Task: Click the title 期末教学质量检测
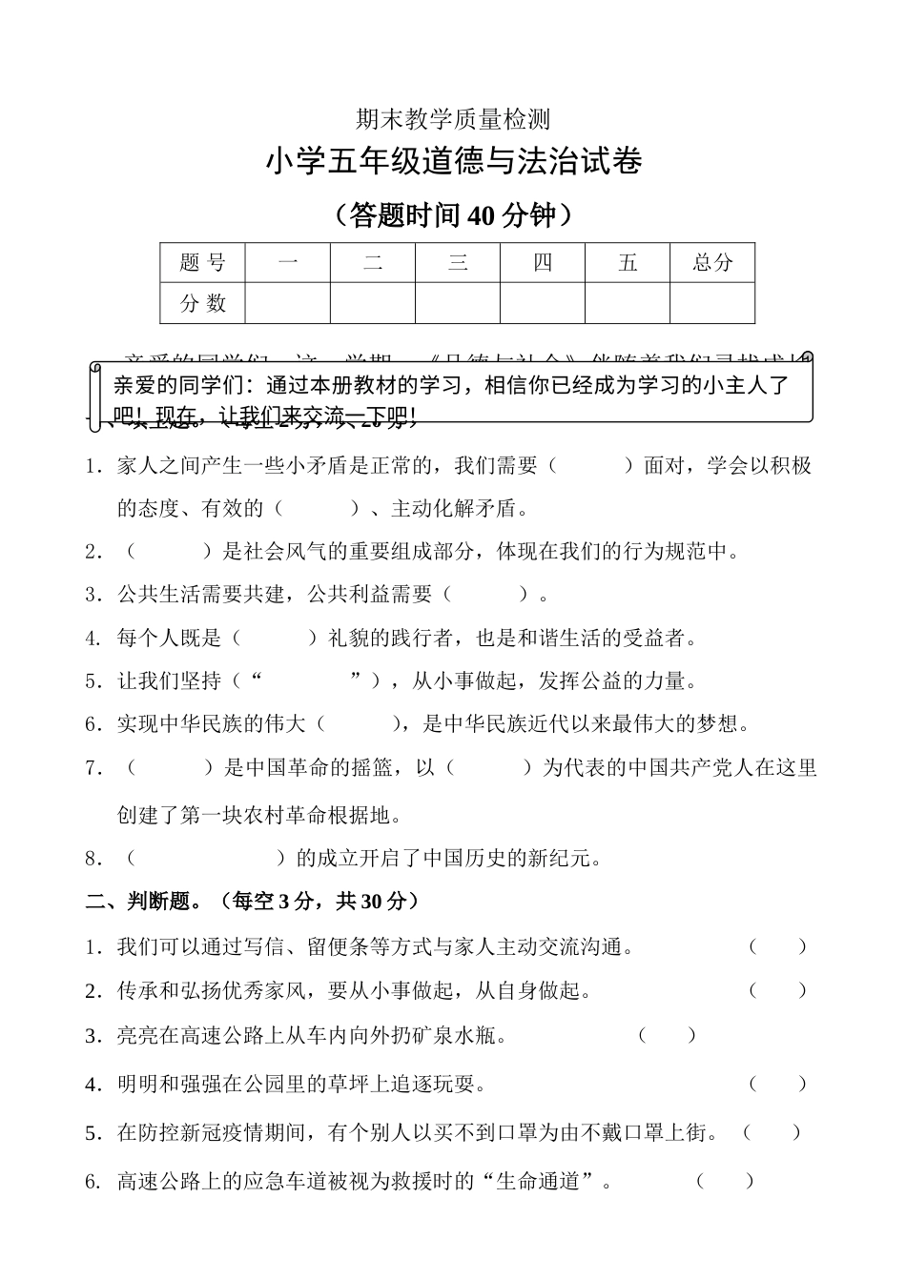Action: coord(453,119)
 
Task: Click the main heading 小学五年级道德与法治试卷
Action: coord(453,162)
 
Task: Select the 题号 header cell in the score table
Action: coord(202,263)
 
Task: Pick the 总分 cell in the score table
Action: coord(711,263)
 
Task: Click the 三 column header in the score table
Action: coord(458,263)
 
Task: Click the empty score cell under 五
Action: coord(627,303)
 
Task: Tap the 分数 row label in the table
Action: coord(202,303)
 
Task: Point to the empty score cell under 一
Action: coord(287,303)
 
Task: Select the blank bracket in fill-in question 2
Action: coord(168,551)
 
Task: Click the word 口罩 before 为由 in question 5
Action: coord(560,1132)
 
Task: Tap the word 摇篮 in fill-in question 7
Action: coord(370,767)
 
